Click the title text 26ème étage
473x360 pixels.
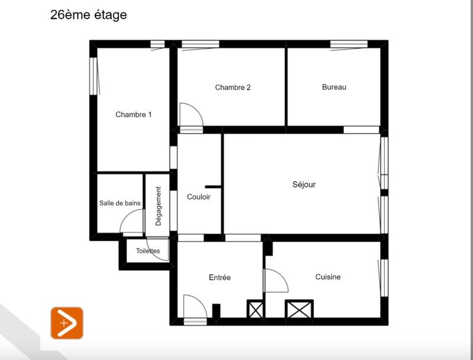[x=89, y=15]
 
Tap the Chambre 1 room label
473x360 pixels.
[x=134, y=115]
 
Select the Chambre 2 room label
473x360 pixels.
[x=233, y=87]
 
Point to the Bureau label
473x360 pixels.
[x=334, y=87]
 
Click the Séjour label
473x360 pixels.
[x=304, y=184]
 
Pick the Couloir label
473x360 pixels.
[x=199, y=197]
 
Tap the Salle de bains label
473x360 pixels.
[x=120, y=203]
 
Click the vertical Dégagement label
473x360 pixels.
[x=158, y=206]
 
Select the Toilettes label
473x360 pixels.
[x=148, y=251]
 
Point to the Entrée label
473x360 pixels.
[x=220, y=277]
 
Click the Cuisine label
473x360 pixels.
[x=328, y=277]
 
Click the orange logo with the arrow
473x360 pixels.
[x=67, y=323]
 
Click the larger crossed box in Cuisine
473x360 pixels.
[x=299, y=309]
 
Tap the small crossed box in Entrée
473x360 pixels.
[x=255, y=309]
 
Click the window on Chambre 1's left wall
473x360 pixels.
[x=93, y=74]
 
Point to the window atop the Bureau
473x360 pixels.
[x=349, y=44]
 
